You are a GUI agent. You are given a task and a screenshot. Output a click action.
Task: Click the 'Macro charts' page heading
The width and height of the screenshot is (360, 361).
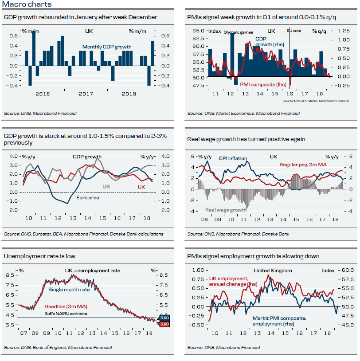pyautogui.click(x=27, y=4)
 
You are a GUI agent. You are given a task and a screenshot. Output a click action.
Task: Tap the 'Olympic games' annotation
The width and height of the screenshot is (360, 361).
pyautogui.click(x=235, y=32)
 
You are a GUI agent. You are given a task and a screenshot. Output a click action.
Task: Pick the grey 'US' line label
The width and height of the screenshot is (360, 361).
pyautogui.click(x=106, y=187)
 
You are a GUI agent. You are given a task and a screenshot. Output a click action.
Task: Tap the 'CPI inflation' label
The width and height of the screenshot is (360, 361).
pyautogui.click(x=233, y=158)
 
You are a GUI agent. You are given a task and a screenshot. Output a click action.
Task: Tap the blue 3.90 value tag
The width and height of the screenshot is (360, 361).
pyautogui.click(x=164, y=318)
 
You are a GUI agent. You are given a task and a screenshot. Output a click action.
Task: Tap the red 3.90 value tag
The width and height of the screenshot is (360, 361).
pyautogui.click(x=164, y=324)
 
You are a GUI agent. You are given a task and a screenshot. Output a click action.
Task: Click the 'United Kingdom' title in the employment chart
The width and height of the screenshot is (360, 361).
pyautogui.click(x=273, y=271)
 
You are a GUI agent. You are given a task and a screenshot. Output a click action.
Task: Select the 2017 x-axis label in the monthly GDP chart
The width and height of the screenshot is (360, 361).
pyautogui.click(x=85, y=94)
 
